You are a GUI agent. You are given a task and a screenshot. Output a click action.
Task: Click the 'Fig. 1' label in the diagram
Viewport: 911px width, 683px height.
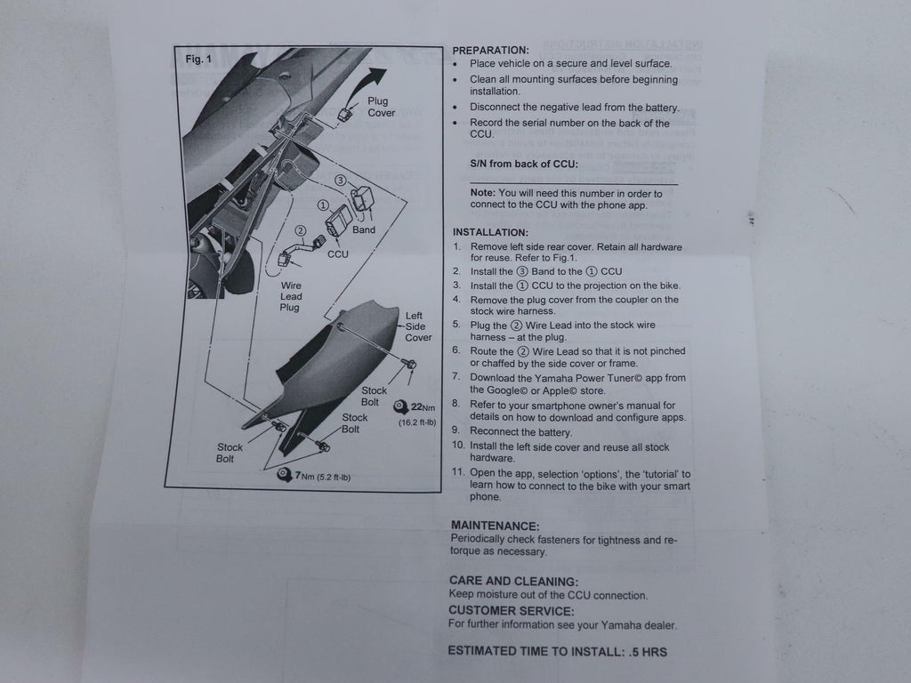[198, 60]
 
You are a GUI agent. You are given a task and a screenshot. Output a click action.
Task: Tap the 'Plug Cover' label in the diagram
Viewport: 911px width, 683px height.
[381, 107]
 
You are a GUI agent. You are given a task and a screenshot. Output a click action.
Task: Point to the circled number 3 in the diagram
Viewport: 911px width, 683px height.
[341, 181]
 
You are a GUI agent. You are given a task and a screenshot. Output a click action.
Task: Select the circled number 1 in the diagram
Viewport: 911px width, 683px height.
[323, 205]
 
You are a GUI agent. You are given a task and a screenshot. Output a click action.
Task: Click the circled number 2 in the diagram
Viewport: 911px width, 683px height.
[301, 230]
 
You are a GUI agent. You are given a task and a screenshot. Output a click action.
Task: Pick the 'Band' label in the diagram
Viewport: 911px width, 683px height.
[364, 230]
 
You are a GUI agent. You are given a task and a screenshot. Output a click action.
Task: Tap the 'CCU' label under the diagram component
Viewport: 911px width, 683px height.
[337, 254]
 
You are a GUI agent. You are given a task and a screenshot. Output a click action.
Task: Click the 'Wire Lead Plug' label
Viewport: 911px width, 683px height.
[291, 296]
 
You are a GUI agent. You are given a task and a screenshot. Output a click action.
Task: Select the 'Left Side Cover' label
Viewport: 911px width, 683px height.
[418, 326]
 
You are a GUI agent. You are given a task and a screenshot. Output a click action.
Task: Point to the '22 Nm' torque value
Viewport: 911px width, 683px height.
[423, 407]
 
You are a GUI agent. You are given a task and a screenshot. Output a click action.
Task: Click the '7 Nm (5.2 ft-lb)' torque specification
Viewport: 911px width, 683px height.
[322, 477]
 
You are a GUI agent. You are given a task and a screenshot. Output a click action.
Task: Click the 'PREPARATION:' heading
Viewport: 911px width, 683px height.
[490, 51]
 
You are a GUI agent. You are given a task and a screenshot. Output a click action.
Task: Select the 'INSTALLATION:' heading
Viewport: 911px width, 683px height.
[490, 232]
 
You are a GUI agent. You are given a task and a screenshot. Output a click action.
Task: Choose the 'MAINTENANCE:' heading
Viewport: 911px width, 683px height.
[495, 526]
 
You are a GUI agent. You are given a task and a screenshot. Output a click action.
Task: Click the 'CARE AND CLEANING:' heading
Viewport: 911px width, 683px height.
[513, 582]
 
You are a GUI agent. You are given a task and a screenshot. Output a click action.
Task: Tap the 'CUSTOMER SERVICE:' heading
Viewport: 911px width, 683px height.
[512, 611]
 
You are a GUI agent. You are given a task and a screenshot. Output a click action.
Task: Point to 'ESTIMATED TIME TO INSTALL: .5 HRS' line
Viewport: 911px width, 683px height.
[557, 652]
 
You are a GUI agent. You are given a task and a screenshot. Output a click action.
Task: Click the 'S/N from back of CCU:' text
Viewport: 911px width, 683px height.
[524, 164]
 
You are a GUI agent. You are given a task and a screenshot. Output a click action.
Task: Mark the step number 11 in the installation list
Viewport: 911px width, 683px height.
[458, 472]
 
